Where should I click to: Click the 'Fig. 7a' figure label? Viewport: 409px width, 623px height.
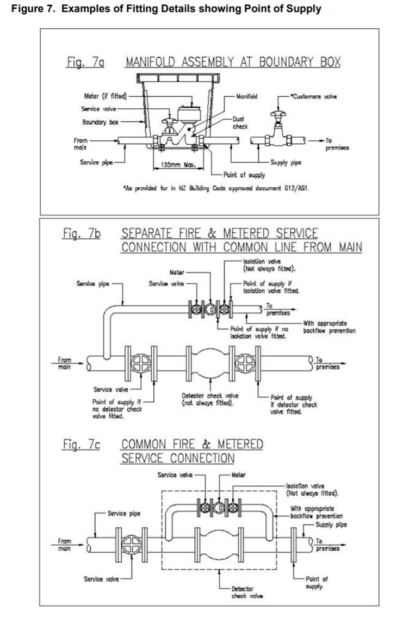(x=85, y=63)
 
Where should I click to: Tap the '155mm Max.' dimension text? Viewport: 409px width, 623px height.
(x=178, y=164)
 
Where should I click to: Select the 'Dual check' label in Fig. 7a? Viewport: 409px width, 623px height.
(x=240, y=123)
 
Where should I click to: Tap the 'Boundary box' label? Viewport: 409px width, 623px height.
(x=101, y=122)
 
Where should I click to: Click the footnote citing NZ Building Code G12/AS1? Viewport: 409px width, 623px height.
(x=216, y=188)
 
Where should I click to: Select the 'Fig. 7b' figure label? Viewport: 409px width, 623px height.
(x=82, y=233)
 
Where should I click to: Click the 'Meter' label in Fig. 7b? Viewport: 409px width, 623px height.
(x=177, y=273)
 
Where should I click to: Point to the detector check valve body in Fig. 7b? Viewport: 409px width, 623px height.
(x=210, y=363)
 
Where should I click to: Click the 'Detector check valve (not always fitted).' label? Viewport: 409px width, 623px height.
(x=209, y=399)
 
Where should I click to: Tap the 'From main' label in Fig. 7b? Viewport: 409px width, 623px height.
(x=64, y=363)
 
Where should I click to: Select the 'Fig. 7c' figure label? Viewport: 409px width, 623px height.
(x=82, y=444)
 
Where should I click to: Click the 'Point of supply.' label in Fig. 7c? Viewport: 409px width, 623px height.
(x=317, y=583)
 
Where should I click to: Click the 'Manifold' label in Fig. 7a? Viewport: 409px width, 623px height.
(x=246, y=96)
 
